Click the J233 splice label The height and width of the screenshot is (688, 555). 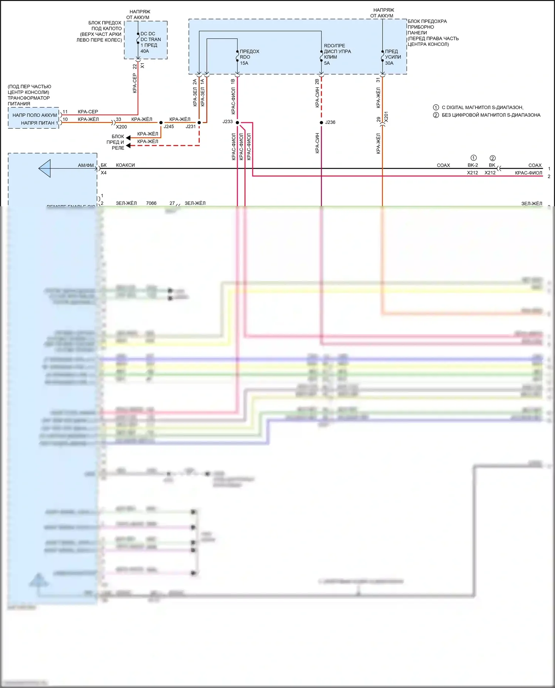[x=228, y=122]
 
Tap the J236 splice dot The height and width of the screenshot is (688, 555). [x=321, y=122]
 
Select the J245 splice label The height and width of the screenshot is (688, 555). [x=169, y=126]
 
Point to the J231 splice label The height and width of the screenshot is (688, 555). [x=191, y=126]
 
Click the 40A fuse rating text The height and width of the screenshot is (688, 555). [x=145, y=51]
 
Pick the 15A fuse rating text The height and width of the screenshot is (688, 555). [x=244, y=63]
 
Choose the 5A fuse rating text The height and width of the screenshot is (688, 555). [x=327, y=63]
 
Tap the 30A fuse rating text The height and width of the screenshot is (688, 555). [x=389, y=63]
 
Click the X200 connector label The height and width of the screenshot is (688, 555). [x=121, y=127]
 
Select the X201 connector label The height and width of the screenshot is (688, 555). [x=386, y=117]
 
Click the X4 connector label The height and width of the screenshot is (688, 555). [x=104, y=173]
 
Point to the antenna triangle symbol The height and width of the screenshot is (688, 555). [x=45, y=169]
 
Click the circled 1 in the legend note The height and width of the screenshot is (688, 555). [x=436, y=107]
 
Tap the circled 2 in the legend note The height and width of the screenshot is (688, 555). [x=436, y=115]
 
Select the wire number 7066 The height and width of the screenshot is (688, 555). [x=151, y=203]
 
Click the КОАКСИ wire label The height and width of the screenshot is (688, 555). [x=125, y=165]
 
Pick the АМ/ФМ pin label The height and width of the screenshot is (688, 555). [x=86, y=165]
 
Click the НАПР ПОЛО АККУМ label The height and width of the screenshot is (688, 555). [x=35, y=115]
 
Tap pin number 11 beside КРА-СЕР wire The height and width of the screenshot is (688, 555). [x=65, y=112]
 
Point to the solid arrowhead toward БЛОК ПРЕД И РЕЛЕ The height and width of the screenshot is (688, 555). [x=128, y=138]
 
